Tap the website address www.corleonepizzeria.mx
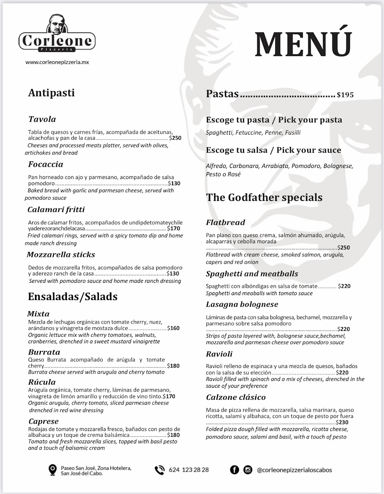click(57, 62)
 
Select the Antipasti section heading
click(52, 93)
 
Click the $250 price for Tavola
click(176, 138)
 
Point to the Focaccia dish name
click(46, 164)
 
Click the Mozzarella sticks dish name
click(61, 254)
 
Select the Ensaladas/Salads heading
click(73, 296)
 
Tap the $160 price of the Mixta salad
click(173, 329)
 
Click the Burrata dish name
click(44, 352)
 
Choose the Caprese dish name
click(44, 421)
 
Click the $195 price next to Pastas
click(345, 95)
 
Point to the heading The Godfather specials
click(264, 197)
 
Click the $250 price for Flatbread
click(344, 248)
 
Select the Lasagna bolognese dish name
click(242, 304)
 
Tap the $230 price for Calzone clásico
click(342, 422)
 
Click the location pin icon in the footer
click(52, 469)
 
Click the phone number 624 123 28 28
click(189, 470)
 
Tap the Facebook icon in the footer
click(234, 470)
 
